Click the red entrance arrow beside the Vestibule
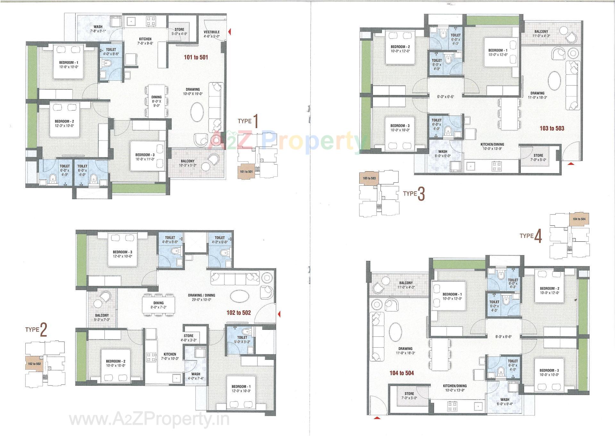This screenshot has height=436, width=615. tap(229, 31)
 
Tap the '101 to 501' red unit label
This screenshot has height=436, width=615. tap(196, 57)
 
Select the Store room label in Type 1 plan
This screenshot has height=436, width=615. tap(179, 31)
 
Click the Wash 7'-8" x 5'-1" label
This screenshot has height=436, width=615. tap(98, 29)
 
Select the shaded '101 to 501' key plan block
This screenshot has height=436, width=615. tap(246, 172)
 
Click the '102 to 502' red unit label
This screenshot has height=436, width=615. tap(238, 312)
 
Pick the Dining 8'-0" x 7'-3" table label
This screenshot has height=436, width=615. tap(158, 305)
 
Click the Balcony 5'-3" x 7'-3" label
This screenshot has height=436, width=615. tap(102, 317)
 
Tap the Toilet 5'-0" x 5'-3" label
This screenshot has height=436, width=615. tap(242, 339)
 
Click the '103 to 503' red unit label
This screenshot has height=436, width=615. tap(552, 128)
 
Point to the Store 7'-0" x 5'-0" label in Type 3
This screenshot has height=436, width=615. tap(538, 157)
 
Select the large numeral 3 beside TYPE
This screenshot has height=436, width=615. tap(421, 194)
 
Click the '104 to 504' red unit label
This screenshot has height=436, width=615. tap(401, 373)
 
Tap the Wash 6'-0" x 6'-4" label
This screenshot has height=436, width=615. tap(504, 401)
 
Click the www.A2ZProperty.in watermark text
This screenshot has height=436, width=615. tap(149, 419)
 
